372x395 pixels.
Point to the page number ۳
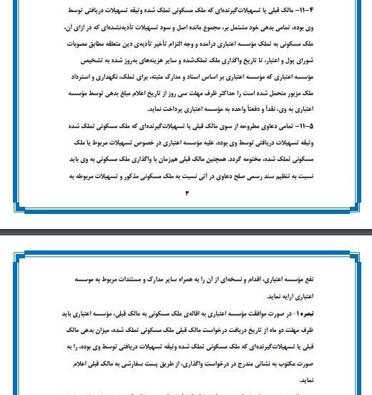[187, 192]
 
